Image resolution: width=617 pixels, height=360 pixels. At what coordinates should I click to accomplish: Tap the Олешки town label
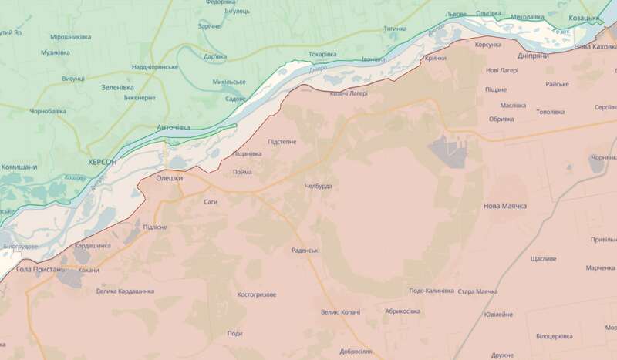click(x=170, y=178)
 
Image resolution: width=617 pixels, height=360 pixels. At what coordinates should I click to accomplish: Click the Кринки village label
click(x=436, y=59)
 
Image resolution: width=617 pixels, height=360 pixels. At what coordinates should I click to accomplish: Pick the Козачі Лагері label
click(x=349, y=93)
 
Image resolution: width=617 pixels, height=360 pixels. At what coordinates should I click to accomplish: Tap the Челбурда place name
click(x=318, y=187)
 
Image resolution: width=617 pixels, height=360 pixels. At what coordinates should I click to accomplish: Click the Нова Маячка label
click(x=504, y=207)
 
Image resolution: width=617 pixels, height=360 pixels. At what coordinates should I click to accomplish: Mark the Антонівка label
click(x=173, y=127)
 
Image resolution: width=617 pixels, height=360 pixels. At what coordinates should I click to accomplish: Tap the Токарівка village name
click(x=322, y=55)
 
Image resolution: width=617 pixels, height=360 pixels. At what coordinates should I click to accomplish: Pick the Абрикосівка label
click(x=402, y=311)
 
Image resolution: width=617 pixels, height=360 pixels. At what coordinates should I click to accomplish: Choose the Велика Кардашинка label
click(x=125, y=291)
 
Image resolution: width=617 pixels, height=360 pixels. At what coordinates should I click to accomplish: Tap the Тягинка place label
click(x=395, y=29)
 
